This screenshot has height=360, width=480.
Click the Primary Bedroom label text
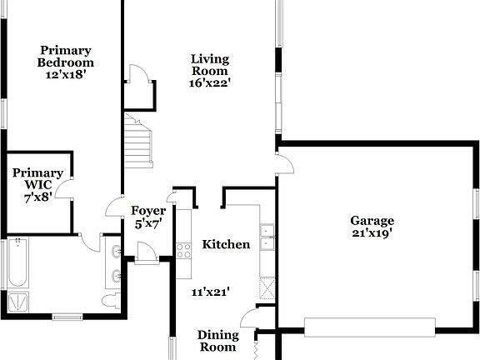(x=66, y=57)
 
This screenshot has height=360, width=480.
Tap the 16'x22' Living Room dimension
(x=209, y=82)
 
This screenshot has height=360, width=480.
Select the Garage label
(x=372, y=221)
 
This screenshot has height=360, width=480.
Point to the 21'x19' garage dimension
(x=372, y=232)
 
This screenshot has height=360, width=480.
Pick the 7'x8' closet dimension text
(x=38, y=197)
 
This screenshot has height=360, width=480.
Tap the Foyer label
(x=148, y=211)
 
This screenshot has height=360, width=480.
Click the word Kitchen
(x=226, y=245)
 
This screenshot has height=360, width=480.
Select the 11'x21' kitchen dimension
(x=211, y=292)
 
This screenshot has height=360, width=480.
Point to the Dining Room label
(x=217, y=341)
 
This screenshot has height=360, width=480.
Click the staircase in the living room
(x=139, y=140)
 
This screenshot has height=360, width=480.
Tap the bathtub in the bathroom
(x=17, y=263)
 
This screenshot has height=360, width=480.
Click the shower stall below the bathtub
(x=17, y=302)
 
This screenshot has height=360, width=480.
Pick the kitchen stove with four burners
(x=183, y=248)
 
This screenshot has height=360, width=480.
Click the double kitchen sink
(x=267, y=237)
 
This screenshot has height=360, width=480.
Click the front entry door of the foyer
(x=146, y=254)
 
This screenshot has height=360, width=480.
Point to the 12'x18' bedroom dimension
(x=66, y=74)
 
